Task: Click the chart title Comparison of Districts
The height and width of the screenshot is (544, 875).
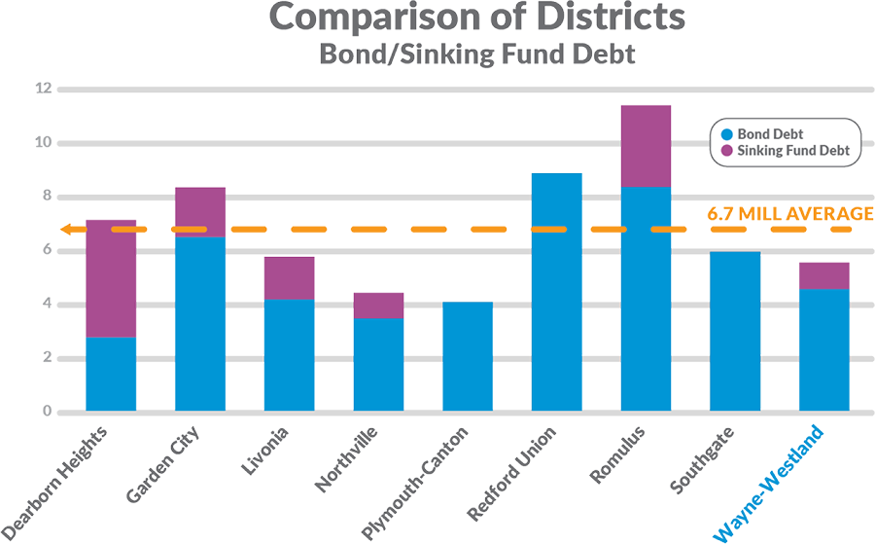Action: click(x=476, y=18)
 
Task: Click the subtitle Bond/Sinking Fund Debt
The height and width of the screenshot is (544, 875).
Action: click(x=476, y=54)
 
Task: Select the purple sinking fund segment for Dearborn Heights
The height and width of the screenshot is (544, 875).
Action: click(x=111, y=278)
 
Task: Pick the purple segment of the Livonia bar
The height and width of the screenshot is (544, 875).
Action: click(x=289, y=278)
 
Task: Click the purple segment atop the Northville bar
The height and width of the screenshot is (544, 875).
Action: click(x=378, y=306)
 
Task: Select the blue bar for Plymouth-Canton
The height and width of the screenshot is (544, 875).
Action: click(x=468, y=356)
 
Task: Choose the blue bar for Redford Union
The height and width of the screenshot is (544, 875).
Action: click(x=556, y=292)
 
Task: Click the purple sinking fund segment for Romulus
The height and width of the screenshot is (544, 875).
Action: click(x=646, y=146)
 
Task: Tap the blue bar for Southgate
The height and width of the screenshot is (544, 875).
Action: click(x=735, y=331)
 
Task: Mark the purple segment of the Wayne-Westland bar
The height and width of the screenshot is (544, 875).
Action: click(x=824, y=276)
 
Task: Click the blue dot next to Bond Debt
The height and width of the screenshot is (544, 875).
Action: click(x=725, y=133)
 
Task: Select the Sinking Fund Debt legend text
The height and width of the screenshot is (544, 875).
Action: click(x=794, y=151)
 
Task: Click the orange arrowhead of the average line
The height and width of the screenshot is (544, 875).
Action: click(x=66, y=230)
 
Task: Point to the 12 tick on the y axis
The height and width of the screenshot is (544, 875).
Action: click(x=41, y=89)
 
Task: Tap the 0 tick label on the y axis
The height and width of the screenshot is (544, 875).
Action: click(x=45, y=412)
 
